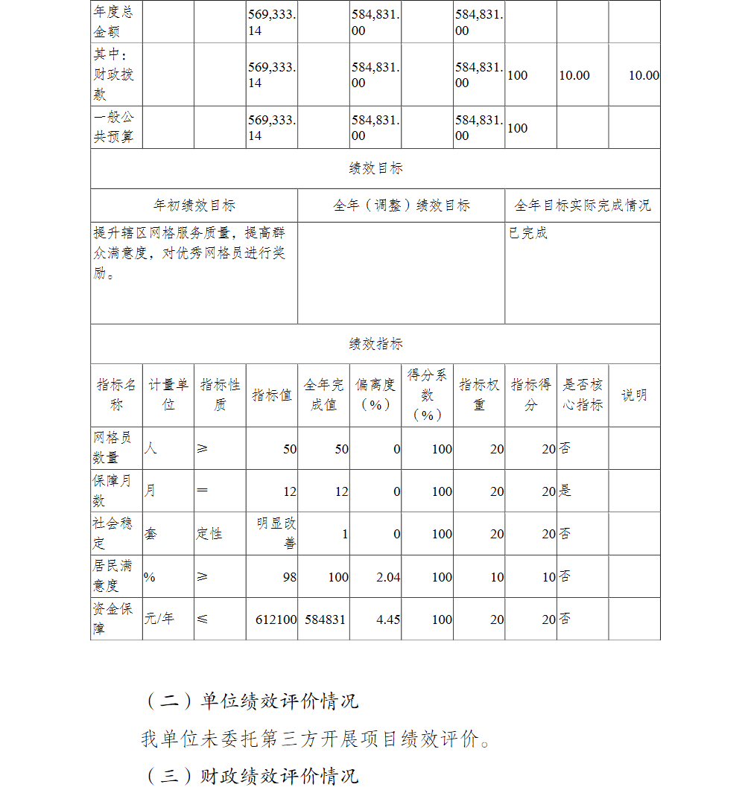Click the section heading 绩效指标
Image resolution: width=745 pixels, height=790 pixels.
click(x=375, y=344)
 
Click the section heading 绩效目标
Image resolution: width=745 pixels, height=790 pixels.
click(x=375, y=168)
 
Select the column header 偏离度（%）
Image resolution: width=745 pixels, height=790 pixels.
click(x=375, y=395)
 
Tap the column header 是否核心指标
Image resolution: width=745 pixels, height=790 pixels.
click(x=582, y=395)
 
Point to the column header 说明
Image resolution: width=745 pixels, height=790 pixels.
click(x=634, y=395)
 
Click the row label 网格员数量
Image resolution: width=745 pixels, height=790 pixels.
click(x=112, y=447)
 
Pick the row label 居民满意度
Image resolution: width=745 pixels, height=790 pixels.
click(x=112, y=576)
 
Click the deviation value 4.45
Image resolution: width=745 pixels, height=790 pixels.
click(x=388, y=619)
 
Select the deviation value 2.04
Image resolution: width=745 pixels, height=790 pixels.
click(x=388, y=576)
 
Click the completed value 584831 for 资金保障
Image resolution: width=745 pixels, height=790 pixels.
click(x=326, y=619)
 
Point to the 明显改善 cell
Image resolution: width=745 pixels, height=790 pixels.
click(x=276, y=533)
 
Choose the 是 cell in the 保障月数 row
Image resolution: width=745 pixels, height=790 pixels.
click(x=565, y=491)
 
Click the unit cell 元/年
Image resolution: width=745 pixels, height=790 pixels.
click(x=159, y=618)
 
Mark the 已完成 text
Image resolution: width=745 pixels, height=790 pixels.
click(x=528, y=233)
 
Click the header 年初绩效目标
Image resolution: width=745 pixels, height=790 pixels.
click(x=194, y=206)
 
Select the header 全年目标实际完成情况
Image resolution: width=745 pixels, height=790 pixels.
click(x=583, y=206)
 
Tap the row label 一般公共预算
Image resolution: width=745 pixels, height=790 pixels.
click(x=113, y=127)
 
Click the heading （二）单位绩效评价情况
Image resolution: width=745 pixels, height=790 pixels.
click(x=250, y=701)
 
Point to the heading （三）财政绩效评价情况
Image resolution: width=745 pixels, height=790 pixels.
click(x=250, y=776)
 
